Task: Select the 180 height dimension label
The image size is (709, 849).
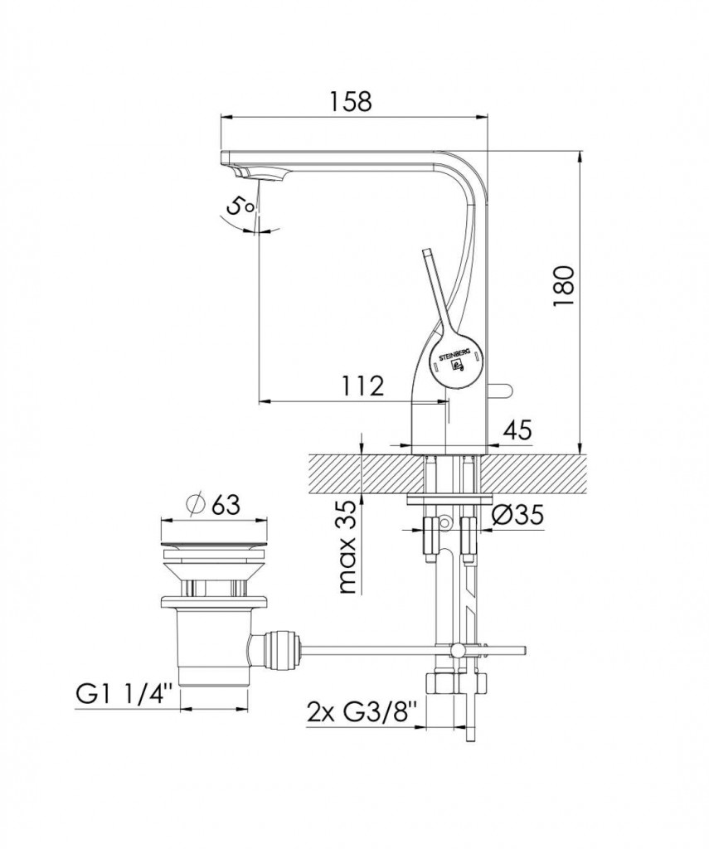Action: [563, 286]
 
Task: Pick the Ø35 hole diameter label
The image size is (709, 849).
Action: [517, 516]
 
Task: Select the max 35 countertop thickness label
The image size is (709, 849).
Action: [348, 547]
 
